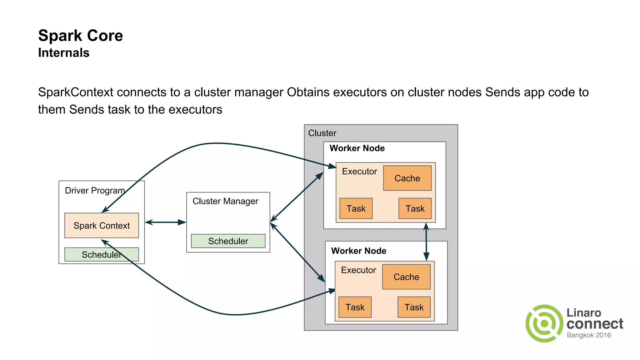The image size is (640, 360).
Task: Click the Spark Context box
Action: tap(102, 225)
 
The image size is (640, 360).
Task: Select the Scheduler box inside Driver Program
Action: tap(102, 254)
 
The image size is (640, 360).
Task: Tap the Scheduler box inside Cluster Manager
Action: tap(228, 241)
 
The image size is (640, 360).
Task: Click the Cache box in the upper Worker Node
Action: tap(407, 178)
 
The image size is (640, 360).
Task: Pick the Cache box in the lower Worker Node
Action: tap(406, 277)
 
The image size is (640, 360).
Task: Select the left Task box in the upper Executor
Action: tap(356, 208)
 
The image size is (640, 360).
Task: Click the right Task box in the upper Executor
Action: tap(415, 208)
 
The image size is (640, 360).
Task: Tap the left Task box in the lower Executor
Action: tap(355, 307)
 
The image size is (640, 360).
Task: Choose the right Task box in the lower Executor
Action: tap(414, 307)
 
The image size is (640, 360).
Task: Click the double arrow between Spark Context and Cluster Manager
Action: tap(166, 222)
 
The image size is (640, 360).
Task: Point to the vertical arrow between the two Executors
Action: tap(426, 242)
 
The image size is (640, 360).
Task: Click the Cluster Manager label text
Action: tap(225, 201)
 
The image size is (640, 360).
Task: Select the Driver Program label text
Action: tap(95, 190)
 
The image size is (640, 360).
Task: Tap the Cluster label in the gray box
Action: tap(322, 133)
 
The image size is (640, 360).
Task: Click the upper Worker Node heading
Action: tap(357, 148)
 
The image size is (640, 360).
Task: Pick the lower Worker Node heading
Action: tap(358, 251)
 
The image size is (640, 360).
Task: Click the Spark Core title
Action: tap(81, 36)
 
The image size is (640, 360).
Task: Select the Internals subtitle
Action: tap(64, 53)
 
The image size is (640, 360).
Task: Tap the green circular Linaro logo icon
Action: tap(544, 323)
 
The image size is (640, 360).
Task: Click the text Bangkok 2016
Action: tap(589, 335)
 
